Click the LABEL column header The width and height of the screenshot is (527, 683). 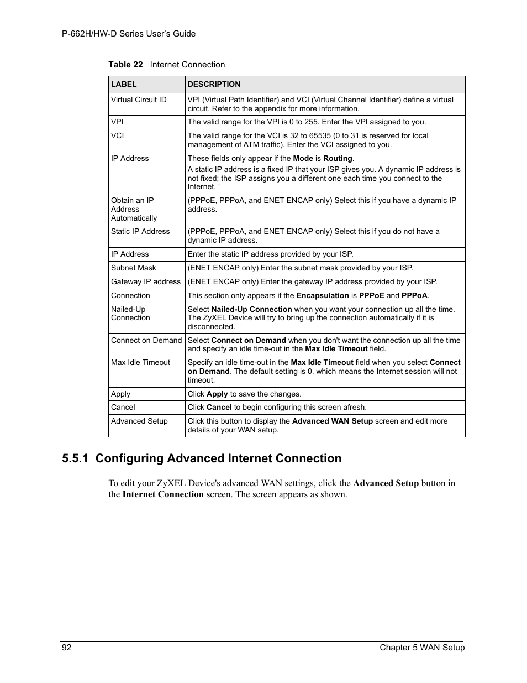(124, 84)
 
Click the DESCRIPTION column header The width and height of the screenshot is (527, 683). (214, 84)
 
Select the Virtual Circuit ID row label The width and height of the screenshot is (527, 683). (139, 100)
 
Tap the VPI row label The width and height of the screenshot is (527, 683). (117, 122)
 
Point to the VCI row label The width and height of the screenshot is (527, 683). (117, 135)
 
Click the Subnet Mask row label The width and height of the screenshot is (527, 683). (134, 268)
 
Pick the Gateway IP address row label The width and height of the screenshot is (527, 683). (146, 281)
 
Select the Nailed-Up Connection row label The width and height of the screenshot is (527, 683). (130, 314)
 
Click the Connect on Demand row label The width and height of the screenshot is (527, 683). (146, 340)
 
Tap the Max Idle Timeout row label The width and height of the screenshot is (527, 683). (141, 362)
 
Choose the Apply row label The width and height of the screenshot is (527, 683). (120, 394)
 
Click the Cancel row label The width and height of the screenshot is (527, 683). (123, 407)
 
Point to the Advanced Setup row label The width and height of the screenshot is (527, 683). (139, 421)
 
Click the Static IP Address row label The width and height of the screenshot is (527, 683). (140, 231)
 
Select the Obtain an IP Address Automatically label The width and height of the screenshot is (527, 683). (134, 209)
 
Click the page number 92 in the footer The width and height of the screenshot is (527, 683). (66, 648)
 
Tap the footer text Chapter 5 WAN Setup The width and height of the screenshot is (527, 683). (422, 648)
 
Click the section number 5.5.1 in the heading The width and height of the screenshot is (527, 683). (76, 458)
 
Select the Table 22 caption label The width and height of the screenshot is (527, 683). (125, 65)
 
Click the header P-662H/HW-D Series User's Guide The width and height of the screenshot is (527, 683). (129, 34)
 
